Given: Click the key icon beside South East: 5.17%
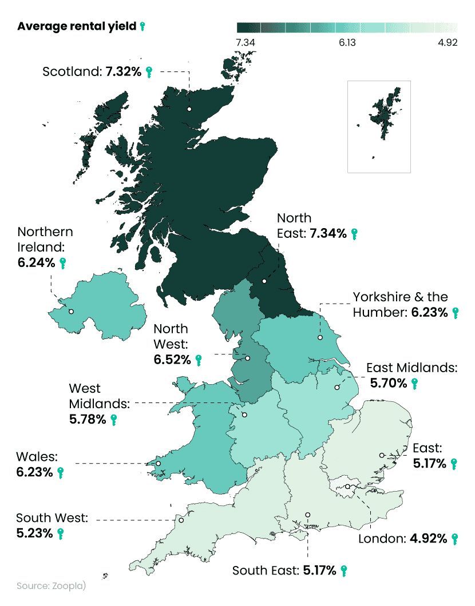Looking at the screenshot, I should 343,571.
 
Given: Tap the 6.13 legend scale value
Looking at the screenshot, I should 347,43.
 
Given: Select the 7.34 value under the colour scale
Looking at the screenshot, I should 245,43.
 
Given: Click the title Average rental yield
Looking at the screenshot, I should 77,26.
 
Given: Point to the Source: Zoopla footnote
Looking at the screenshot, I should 51,587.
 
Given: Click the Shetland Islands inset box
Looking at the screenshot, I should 379,126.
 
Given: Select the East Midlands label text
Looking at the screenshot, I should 411,368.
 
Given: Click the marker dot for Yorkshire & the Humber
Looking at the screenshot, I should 320,338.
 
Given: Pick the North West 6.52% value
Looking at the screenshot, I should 172,360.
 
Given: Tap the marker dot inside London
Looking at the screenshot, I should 347,487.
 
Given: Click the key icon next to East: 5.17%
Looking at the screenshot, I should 454,463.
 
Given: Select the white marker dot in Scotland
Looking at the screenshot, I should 189,109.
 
